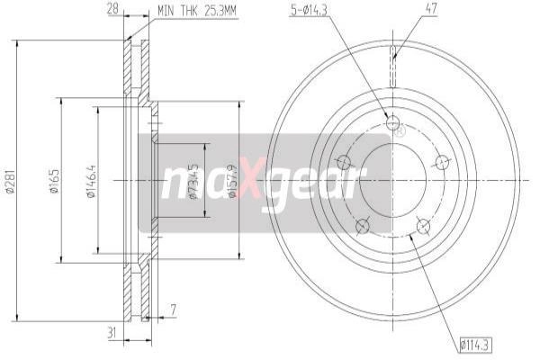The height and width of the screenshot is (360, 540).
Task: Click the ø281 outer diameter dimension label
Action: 10,181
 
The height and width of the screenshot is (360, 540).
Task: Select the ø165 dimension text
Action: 55,181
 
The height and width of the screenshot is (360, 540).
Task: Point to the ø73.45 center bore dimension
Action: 193,182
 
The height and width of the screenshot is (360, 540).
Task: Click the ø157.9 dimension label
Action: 233,181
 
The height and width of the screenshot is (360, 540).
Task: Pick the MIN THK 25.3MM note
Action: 197,11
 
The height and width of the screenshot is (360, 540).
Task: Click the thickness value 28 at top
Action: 112,9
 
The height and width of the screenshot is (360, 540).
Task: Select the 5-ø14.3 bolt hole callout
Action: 309,10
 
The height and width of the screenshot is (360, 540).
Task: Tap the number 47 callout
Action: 431,9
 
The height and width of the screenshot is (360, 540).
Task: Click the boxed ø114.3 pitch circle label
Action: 475,345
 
